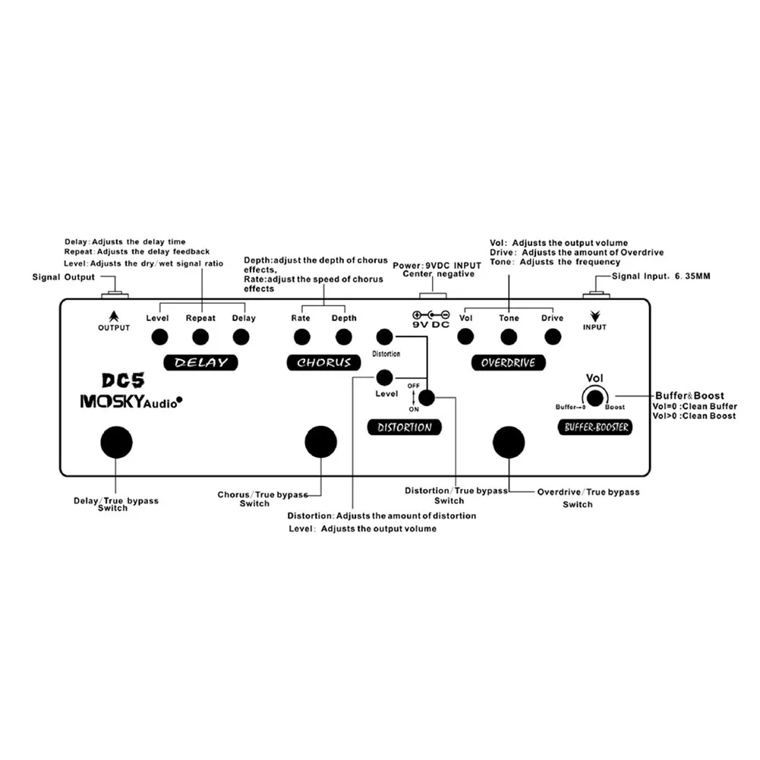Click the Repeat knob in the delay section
click(x=200, y=336)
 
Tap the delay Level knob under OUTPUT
click(x=159, y=336)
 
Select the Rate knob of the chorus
click(x=301, y=336)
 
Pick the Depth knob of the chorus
click(x=344, y=336)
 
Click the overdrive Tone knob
click(x=509, y=336)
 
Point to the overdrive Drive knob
click(x=553, y=336)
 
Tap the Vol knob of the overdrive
click(x=467, y=336)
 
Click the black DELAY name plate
click(x=200, y=362)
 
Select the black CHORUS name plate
click(x=323, y=362)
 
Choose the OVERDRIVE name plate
click(x=508, y=362)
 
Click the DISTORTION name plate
click(x=404, y=427)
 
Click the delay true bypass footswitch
click(x=115, y=442)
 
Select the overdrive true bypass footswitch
click(x=508, y=443)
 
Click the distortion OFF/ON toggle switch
click(x=427, y=396)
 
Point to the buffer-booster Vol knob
click(x=595, y=397)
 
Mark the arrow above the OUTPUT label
click(x=113, y=314)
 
